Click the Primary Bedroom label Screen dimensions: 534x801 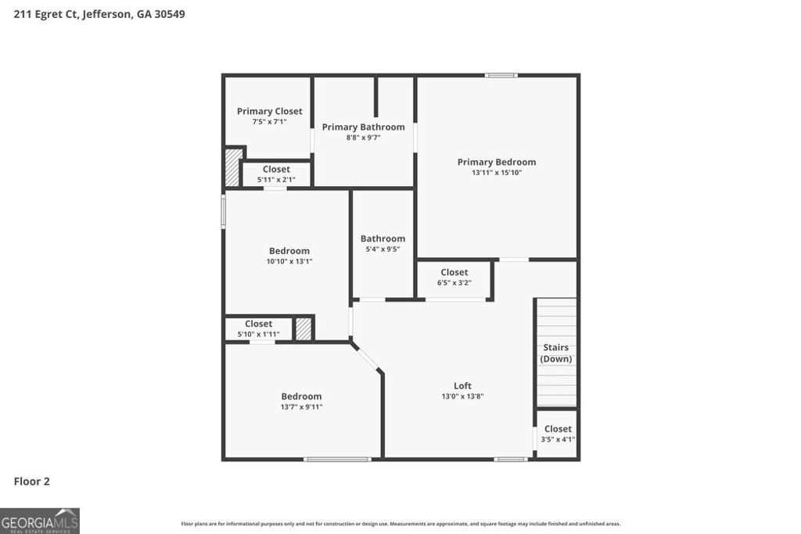click(497, 162)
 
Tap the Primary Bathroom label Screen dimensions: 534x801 click(363, 127)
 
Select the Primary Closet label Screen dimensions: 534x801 click(269, 111)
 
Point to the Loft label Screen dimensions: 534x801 click(462, 385)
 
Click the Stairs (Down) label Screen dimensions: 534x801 click(555, 353)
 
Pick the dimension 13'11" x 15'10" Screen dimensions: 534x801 click(497, 173)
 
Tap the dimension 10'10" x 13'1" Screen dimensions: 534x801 click(289, 262)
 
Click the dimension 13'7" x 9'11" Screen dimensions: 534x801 click(301, 407)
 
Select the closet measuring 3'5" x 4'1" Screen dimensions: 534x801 click(558, 433)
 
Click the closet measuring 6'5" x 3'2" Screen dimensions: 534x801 click(454, 278)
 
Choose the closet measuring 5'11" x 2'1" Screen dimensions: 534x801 click(276, 174)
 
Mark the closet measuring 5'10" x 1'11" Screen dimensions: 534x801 click(258, 328)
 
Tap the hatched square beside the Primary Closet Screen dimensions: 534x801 click(232, 167)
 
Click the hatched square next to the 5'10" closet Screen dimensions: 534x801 click(304, 328)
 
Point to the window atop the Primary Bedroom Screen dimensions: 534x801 click(501, 75)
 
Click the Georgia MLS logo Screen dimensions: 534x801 click(40, 521)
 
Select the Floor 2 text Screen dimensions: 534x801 click(32, 482)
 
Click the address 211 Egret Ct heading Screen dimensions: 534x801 click(99, 14)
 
